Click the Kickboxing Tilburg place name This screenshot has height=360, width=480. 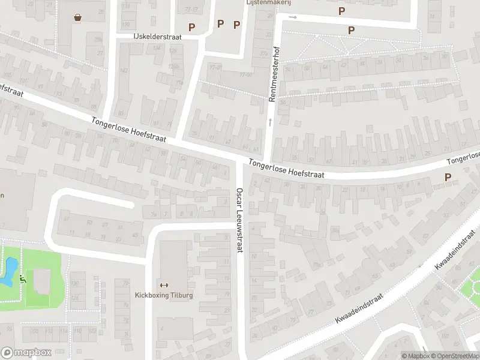[164, 295]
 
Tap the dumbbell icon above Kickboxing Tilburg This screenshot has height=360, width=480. [164, 284]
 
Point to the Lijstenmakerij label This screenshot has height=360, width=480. [268, 2]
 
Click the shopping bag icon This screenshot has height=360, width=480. [77, 17]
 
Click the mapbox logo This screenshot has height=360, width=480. [26, 352]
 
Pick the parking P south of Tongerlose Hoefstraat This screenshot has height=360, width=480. [447, 177]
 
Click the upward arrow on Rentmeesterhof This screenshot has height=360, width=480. [270, 122]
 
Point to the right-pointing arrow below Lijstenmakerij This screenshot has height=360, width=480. [293, 17]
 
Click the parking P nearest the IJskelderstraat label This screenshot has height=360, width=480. [192, 27]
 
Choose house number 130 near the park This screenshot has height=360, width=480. [75, 283]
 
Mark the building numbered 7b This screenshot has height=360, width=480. [154, 214]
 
